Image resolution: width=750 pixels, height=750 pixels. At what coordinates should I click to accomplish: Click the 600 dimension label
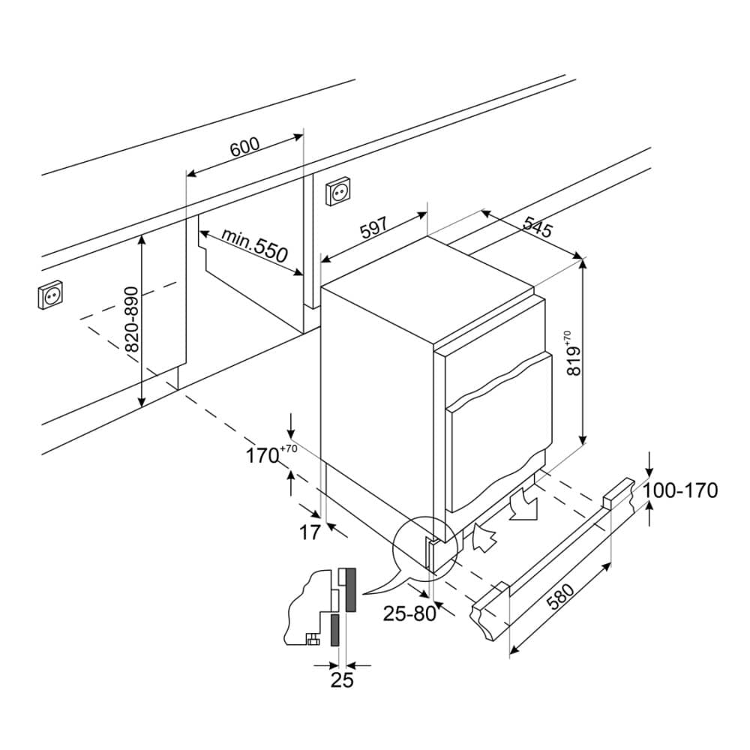tap(244, 147)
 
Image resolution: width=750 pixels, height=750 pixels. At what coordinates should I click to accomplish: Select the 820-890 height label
tap(131, 320)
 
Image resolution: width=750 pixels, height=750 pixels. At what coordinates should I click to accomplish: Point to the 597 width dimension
tap(373, 228)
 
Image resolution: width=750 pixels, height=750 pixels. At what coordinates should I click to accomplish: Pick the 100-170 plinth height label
tap(681, 490)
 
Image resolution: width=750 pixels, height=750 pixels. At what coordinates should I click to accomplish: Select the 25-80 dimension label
tap(409, 613)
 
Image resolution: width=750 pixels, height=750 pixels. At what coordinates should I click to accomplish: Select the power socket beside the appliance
tap(337, 193)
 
